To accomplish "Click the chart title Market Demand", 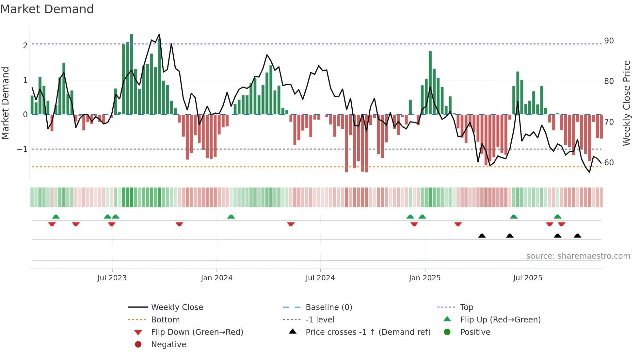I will (47, 9).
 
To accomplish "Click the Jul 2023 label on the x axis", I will (112, 278).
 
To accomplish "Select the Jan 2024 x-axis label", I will (216, 278).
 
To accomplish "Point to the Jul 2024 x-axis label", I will (320, 278).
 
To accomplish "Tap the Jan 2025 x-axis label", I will (424, 278).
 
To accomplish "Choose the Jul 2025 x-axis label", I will (528, 278).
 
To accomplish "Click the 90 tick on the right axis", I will (609, 41).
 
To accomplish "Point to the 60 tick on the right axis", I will (609, 163).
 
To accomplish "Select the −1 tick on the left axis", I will (23, 149).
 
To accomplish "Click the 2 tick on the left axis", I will (25, 45).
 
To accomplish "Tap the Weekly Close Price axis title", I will (627, 103).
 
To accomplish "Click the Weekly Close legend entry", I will (177, 307).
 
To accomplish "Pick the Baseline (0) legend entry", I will (329, 307).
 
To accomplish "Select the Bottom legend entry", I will (165, 320).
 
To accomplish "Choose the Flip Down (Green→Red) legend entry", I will (197, 332).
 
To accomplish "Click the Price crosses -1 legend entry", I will (368, 332).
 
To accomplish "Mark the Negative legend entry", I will (168, 345).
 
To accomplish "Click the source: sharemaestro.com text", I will (578, 256).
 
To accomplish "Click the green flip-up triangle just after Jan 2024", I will (231, 217).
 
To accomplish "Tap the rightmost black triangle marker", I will (577, 236).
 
